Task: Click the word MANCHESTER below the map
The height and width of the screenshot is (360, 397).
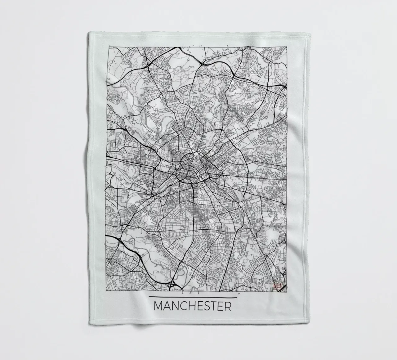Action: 193,306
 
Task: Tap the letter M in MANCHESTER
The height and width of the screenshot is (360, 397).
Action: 159,306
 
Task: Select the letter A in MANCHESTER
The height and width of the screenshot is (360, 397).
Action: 168,306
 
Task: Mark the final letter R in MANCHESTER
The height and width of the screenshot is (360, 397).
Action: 228,306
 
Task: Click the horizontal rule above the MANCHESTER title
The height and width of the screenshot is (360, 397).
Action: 193,297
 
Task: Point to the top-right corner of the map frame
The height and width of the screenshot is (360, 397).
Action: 286,47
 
